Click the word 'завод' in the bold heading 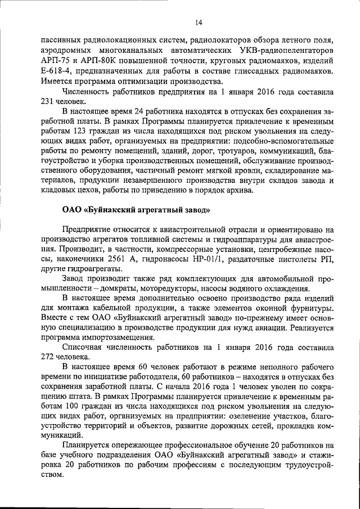(x=195, y=210)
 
